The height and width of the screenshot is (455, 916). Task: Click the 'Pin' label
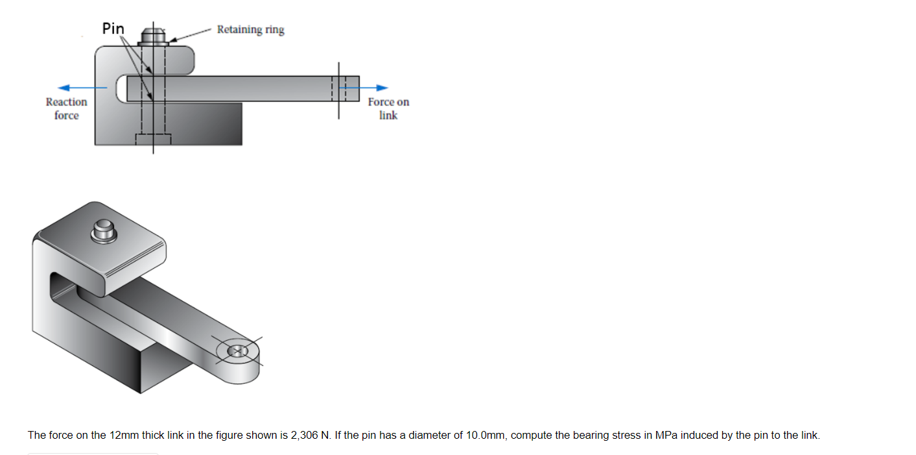(x=113, y=29)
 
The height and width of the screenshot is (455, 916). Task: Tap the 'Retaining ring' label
(x=250, y=30)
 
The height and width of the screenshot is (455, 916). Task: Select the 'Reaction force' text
(x=66, y=108)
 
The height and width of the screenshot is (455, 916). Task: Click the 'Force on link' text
(x=388, y=108)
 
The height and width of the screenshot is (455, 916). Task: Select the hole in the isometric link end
(x=237, y=350)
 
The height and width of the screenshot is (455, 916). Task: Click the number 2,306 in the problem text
(x=304, y=435)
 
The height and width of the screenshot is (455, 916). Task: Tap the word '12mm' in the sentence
(x=124, y=435)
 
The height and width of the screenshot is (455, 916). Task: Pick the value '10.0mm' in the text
(x=486, y=435)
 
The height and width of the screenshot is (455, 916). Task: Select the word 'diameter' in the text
(x=434, y=435)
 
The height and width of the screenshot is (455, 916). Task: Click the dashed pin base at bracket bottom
(x=153, y=139)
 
